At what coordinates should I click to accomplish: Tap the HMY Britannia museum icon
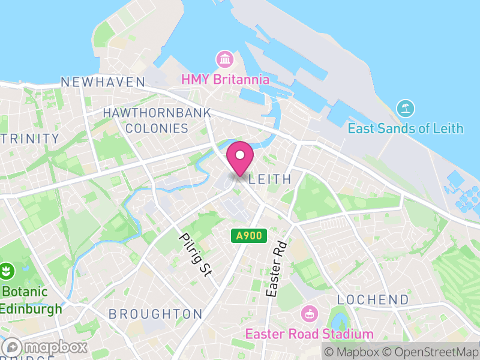(225, 59)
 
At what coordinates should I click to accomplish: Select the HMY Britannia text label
(225, 79)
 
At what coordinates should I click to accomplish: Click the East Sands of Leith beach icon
(406, 109)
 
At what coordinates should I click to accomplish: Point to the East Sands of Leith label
(406, 128)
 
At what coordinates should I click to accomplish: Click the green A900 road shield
(249, 236)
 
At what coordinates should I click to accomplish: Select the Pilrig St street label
(196, 254)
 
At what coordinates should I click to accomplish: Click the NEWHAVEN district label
(103, 82)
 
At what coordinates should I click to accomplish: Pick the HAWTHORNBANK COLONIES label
(157, 120)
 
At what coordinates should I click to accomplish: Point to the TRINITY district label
(30, 139)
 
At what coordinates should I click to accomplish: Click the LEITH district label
(269, 179)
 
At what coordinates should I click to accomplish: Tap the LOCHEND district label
(373, 299)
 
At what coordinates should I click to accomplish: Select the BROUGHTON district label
(155, 314)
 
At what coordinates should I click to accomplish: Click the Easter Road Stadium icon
(309, 314)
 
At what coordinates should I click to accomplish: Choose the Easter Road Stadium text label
(309, 334)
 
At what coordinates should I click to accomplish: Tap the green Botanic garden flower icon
(7, 271)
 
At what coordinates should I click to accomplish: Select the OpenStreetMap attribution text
(430, 352)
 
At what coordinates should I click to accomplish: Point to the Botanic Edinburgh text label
(31, 301)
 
